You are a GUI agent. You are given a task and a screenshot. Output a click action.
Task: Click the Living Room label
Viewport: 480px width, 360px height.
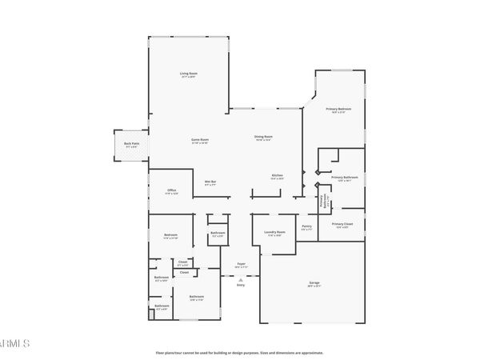point(189,74)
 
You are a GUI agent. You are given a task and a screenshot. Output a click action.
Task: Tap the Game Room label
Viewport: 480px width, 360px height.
point(199,140)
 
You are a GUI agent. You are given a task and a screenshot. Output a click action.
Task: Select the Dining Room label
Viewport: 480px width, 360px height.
point(263,137)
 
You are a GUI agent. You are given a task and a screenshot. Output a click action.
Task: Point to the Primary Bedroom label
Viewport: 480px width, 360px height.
point(336,109)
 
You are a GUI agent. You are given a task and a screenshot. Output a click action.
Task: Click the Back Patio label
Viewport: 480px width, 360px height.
point(130,144)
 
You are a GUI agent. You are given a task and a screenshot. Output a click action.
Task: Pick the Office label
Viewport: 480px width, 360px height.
point(171,190)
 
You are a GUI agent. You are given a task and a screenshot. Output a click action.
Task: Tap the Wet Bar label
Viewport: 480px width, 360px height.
point(210,182)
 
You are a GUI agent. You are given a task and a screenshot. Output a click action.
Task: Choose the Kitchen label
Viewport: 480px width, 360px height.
point(278,175)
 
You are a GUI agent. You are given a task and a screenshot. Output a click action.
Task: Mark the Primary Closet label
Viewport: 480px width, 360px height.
point(342,224)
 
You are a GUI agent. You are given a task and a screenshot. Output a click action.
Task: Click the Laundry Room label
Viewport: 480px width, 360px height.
point(275,233)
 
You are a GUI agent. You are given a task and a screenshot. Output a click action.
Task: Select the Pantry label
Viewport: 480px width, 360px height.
point(306,226)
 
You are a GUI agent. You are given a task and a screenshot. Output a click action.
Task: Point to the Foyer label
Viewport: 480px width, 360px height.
point(240,264)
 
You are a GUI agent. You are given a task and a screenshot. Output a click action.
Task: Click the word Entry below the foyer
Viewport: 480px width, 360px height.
point(240,283)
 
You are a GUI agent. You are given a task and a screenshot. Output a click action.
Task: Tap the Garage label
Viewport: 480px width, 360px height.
point(314,282)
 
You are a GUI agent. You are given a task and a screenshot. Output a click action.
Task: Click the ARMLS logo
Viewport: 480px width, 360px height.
point(14,344)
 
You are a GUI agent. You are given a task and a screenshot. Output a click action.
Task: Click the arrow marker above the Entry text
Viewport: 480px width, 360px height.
point(240,276)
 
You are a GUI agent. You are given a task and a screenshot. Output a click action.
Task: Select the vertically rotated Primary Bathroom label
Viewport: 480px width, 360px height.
point(324,202)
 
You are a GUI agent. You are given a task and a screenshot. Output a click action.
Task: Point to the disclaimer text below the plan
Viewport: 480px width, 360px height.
point(239,351)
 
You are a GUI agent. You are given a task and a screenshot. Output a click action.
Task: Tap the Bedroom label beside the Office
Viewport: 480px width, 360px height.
point(170,235)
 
